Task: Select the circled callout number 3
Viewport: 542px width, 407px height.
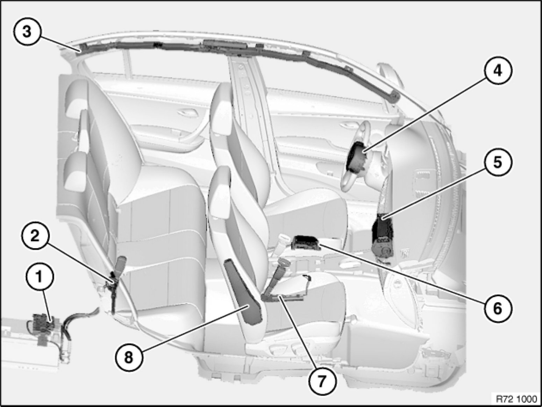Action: click(x=27, y=33)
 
